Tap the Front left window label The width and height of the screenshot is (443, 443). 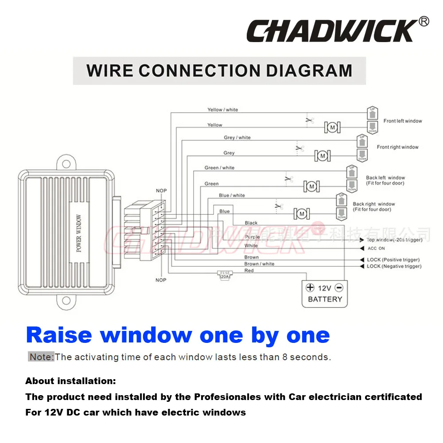pos(403,121)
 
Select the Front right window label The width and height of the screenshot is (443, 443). pos(397,147)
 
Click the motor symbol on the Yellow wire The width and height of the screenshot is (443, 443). pos(331,128)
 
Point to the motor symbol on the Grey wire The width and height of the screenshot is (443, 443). pos(323,155)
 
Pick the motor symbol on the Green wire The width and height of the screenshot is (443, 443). pos(311,187)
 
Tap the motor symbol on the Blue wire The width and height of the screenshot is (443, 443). pos(302,214)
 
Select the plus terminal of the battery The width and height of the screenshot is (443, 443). pos(310,288)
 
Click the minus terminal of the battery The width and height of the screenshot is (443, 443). pos(339,288)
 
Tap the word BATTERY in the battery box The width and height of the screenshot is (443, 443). pos(325,299)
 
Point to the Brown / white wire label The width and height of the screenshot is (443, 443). pos(259,264)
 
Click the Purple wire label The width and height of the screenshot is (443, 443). pos(252,237)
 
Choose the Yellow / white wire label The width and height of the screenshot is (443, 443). pos(222,110)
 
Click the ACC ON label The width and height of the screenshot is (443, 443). pos(376,249)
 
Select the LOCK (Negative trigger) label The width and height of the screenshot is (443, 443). pos(394,266)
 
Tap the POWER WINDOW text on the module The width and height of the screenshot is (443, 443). pos(79,233)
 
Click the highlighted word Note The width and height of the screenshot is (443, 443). pos(41,357)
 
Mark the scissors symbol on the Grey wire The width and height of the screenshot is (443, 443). pos(300,148)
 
